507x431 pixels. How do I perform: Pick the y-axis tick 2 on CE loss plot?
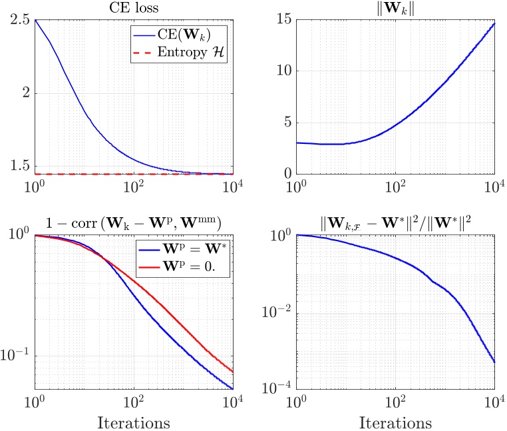pyautogui.click(x=25, y=93)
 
